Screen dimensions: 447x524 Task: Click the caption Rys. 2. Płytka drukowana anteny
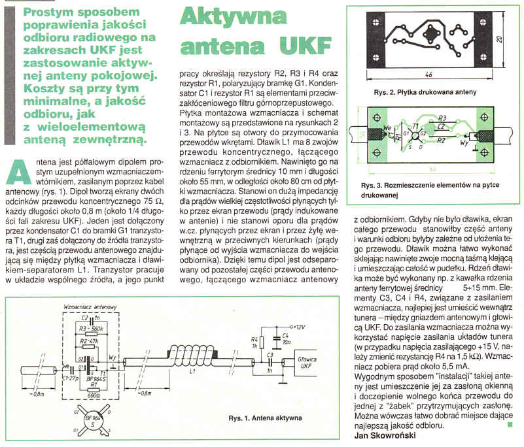(x=420, y=92)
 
